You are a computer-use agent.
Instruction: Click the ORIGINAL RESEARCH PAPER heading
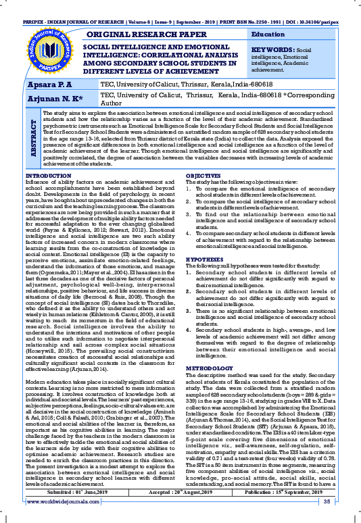(x=142, y=33)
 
